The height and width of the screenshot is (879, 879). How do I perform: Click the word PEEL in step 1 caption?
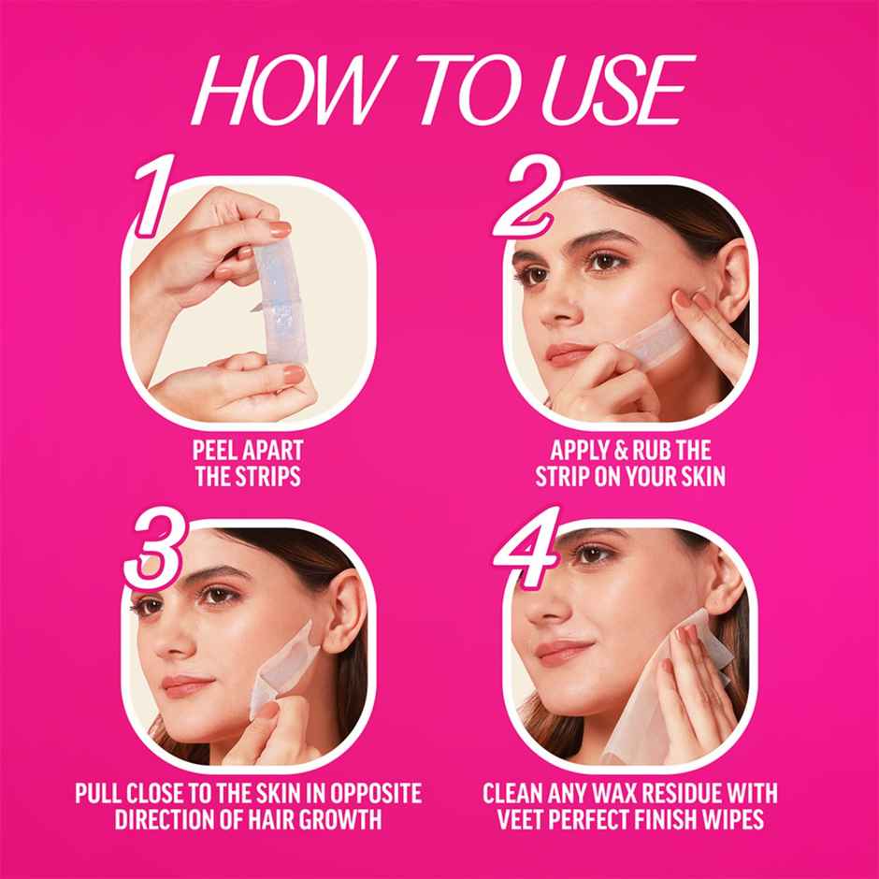pyautogui.click(x=215, y=452)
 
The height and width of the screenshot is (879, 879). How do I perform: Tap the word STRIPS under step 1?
pyautogui.click(x=267, y=477)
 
